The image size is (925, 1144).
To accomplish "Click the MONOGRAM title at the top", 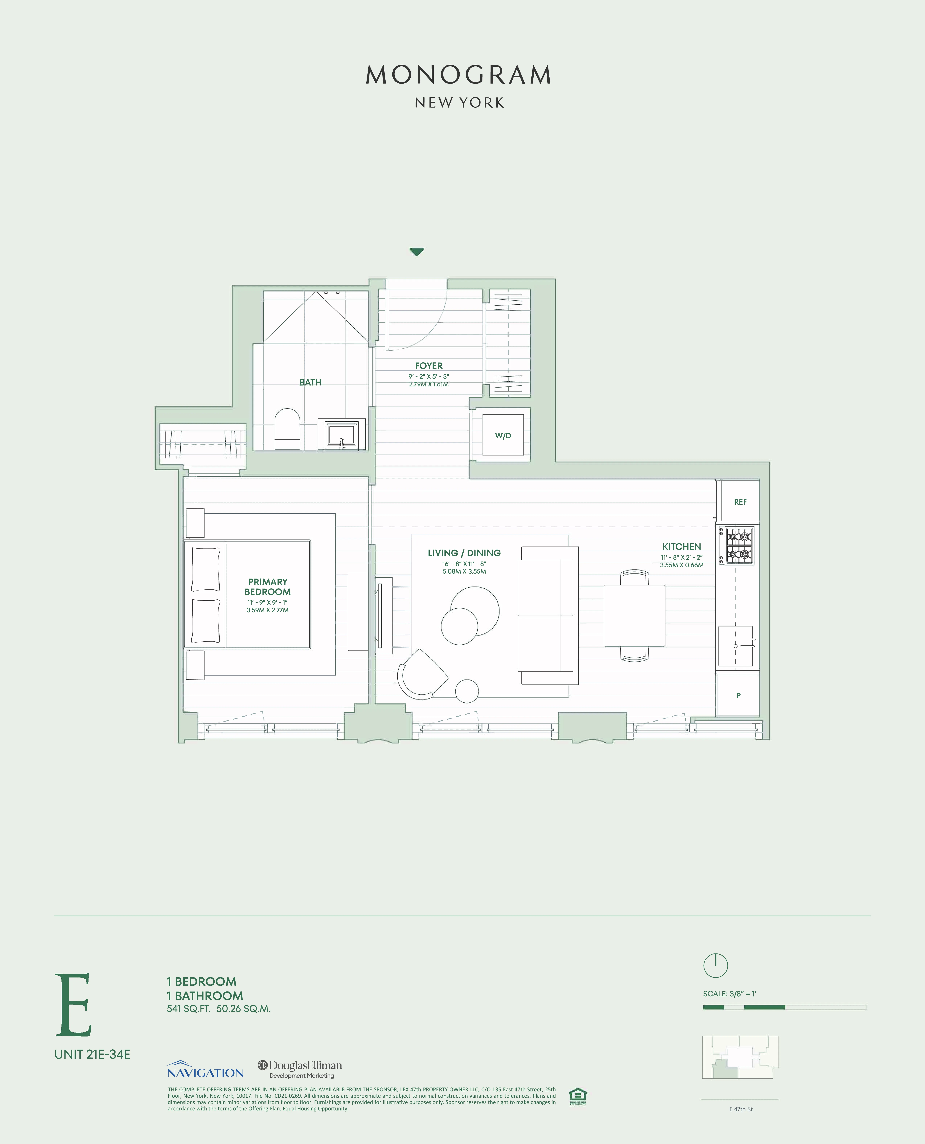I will [x=459, y=75].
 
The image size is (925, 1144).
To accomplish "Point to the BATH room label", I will [x=310, y=382].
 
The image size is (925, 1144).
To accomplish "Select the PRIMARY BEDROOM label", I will [x=268, y=587].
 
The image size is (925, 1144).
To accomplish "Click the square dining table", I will [x=634, y=615].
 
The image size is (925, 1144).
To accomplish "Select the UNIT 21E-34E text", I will [x=92, y=1054].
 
